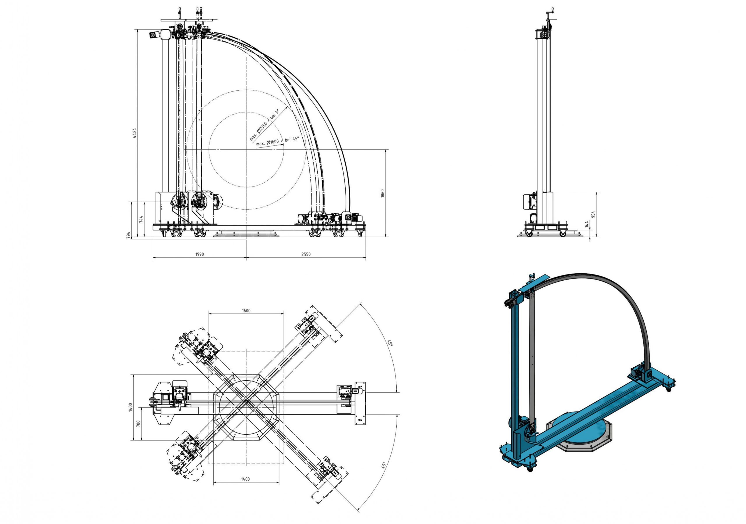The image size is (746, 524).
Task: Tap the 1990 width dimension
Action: tap(200, 254)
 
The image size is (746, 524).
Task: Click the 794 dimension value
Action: tap(129, 235)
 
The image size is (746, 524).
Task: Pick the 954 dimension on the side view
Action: tap(593, 214)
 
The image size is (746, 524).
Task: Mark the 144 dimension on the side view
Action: tap(587, 224)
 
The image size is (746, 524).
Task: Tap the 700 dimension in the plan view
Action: tap(138, 423)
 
